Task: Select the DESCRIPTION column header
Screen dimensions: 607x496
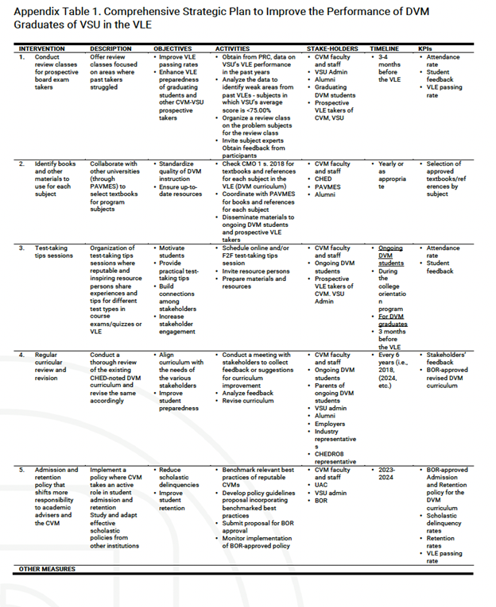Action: click(110, 49)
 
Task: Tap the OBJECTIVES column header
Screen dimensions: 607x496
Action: click(172, 49)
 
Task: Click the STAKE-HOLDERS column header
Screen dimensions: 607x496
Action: click(331, 49)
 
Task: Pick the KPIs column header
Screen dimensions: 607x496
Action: click(427, 49)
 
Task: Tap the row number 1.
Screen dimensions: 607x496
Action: click(22, 57)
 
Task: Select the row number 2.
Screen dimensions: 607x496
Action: click(22, 163)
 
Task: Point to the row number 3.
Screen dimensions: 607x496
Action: click(22, 248)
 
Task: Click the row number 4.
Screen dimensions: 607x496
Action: click(22, 355)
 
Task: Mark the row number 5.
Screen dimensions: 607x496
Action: click(22, 470)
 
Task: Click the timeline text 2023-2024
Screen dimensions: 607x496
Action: click(387, 474)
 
